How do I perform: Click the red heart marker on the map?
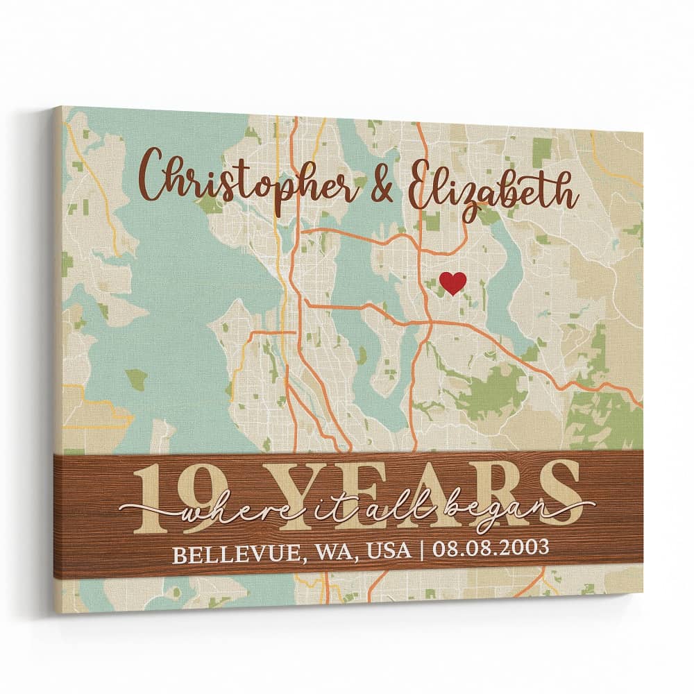(452, 282)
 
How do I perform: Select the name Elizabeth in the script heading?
(493, 186)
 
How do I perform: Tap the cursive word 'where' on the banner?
(211, 514)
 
